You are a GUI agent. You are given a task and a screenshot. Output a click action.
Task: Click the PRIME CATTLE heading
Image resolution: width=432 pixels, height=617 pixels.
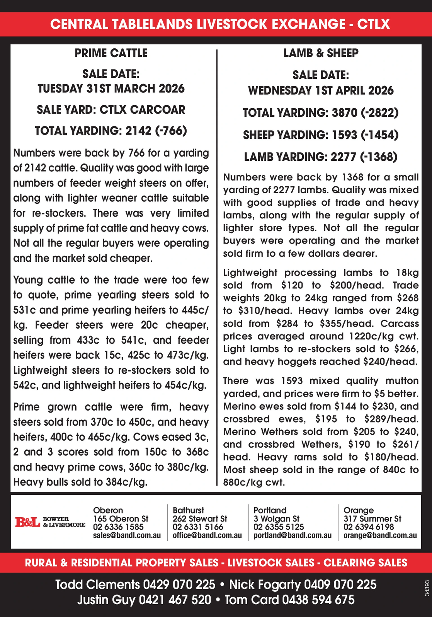(111, 53)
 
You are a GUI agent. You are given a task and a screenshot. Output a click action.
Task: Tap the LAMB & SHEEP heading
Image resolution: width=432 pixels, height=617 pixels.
(321, 53)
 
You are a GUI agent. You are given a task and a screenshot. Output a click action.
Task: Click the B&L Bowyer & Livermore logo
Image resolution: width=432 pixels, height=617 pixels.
(50, 522)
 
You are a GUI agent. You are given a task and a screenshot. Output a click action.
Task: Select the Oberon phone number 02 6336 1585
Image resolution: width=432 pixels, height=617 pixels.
(118, 527)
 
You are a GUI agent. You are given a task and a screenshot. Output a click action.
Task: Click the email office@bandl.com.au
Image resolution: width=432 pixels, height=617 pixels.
(207, 535)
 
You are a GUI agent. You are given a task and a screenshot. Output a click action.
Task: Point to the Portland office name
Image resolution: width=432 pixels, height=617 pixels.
(270, 510)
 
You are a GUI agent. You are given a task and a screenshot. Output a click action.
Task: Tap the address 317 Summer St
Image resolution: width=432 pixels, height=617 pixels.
(372, 519)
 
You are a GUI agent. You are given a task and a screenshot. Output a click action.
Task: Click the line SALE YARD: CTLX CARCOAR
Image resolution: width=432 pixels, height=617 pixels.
(111, 110)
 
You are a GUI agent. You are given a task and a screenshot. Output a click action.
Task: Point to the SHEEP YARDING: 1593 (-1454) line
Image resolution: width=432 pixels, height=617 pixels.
(321, 135)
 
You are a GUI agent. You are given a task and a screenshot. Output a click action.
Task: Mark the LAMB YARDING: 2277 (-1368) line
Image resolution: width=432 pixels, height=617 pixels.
(321, 157)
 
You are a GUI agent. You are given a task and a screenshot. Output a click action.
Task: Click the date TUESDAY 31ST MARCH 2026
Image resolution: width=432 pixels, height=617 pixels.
(111, 89)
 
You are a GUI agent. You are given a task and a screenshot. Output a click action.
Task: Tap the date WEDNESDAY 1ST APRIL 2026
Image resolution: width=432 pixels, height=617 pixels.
(321, 91)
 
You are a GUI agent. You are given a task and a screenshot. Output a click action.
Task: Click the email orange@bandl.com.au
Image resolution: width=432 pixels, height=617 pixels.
(380, 535)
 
